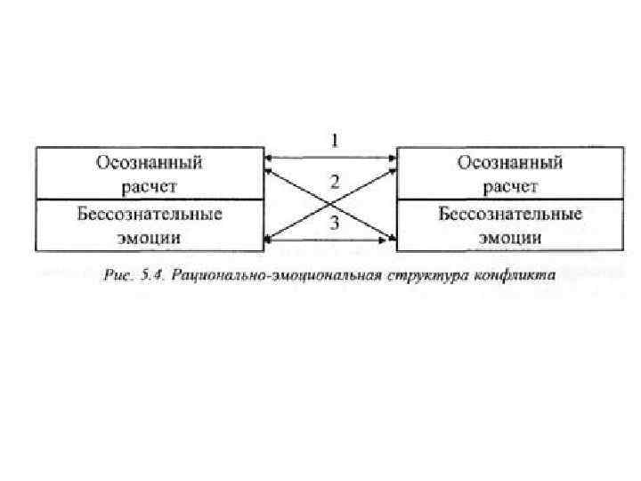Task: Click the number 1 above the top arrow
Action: pos(335,141)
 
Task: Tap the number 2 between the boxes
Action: pos(335,182)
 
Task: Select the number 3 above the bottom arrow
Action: pos(335,223)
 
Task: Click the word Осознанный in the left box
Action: pos(149,164)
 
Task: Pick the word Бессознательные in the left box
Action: pos(149,216)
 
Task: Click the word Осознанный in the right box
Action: pos(509,164)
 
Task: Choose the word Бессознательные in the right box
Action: pos(509,216)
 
